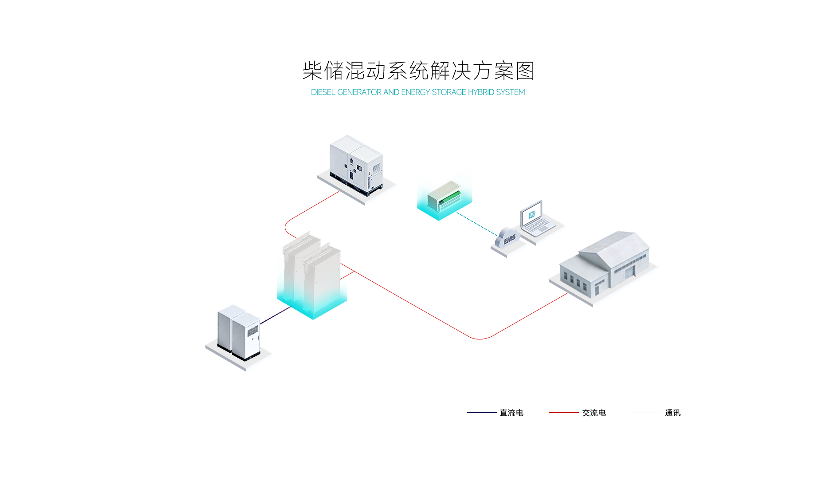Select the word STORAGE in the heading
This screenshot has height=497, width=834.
449,92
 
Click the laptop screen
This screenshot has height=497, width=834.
531,214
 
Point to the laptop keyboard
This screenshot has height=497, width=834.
539,226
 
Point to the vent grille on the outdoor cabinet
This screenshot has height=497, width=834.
252,331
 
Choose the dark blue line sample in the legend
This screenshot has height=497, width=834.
482,413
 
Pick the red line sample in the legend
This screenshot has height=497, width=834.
564,413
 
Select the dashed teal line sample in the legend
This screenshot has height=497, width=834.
646,413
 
